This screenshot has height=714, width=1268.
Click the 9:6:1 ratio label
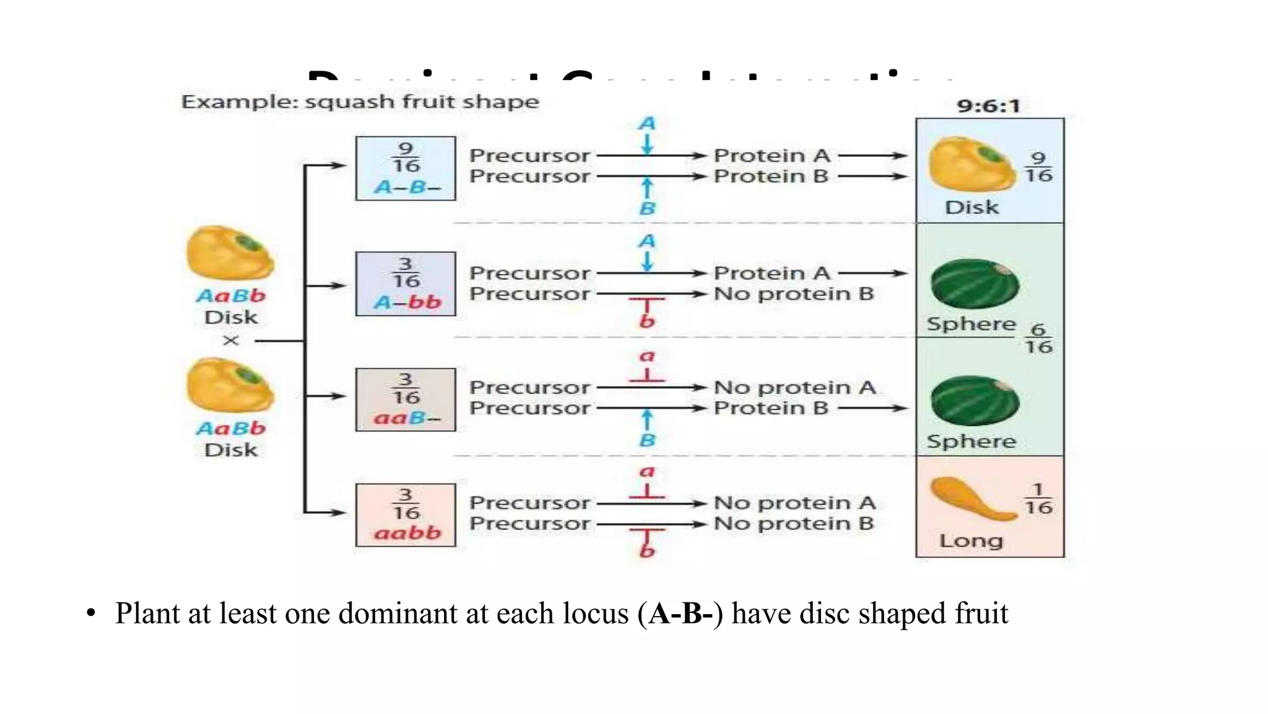coord(988,106)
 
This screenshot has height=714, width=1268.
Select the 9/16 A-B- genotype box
coord(406,169)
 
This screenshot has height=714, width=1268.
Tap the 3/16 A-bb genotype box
coord(406,284)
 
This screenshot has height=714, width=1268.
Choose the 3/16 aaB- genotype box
coord(406,400)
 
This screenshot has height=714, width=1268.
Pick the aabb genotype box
coord(406,515)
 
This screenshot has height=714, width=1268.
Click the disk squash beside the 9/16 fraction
coord(971,164)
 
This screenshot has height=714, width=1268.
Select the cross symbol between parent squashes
coord(231,340)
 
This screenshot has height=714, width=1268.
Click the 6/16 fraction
coord(1038,338)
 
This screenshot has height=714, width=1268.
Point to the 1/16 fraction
coord(1038,500)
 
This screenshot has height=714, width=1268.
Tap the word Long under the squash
coord(970,540)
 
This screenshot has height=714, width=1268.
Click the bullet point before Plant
coord(91,614)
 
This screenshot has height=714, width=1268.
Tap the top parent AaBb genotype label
coord(231,296)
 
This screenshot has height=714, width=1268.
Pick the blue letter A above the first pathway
coord(647,123)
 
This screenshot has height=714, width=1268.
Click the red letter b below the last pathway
coord(647,550)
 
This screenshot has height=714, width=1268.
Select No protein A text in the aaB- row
coord(794,387)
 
